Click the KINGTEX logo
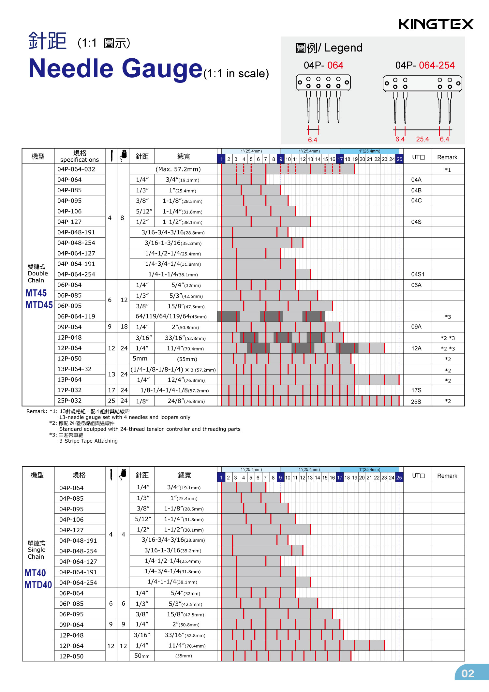click(x=436, y=24)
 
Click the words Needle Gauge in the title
click(x=115, y=68)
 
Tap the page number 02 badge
click(x=468, y=673)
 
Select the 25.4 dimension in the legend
click(x=422, y=139)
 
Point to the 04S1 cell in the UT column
click(x=418, y=274)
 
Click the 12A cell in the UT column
click(x=416, y=348)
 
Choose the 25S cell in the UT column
click(x=416, y=402)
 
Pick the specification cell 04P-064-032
click(x=76, y=169)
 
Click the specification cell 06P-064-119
click(x=76, y=317)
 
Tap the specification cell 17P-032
click(x=69, y=390)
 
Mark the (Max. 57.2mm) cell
click(x=178, y=169)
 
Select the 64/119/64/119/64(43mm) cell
click(x=171, y=317)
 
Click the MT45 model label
click(x=36, y=293)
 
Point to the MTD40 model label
click(x=38, y=585)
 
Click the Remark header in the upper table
click(x=447, y=157)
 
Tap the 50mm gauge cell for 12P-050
click(x=142, y=656)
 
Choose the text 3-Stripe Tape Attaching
click(x=88, y=441)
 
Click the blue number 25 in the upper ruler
click(x=399, y=159)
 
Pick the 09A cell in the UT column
click(x=416, y=327)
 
